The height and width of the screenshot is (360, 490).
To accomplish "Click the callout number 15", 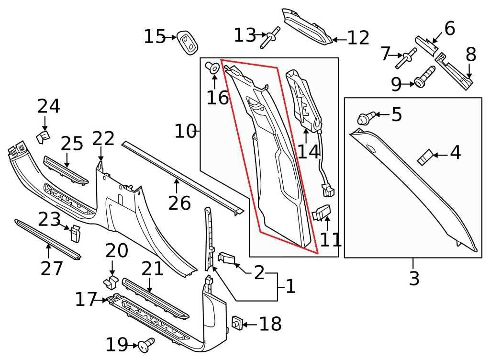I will coord(154,37).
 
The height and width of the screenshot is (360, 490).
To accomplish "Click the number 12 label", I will coord(358,38).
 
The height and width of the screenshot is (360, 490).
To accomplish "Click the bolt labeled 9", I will coord(424,76).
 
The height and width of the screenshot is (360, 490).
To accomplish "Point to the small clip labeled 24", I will coord(42,137).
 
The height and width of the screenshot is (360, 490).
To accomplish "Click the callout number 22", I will coord(103,139).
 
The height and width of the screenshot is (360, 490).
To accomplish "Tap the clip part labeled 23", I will coord(75,233).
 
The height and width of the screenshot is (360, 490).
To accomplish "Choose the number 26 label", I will coord(179,203).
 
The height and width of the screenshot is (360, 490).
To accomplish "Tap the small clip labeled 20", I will coord(111,281).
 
